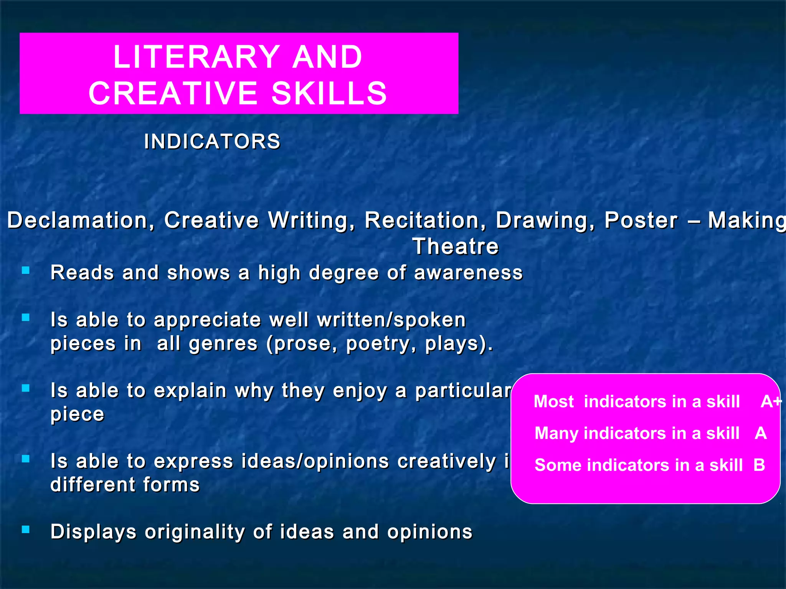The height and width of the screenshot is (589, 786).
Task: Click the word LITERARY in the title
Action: coord(196,57)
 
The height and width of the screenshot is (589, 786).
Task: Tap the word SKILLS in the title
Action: coord(329,93)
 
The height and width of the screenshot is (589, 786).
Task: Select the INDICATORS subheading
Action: coord(212,141)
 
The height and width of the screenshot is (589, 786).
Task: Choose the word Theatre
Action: coord(456,246)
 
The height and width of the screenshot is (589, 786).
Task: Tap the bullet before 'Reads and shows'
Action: coord(26,271)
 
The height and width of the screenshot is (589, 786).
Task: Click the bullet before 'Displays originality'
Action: coord(26,530)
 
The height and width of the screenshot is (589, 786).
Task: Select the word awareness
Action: coord(468,273)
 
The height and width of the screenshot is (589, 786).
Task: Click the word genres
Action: coord(223,344)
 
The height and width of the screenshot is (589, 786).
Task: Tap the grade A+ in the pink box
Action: coord(771,401)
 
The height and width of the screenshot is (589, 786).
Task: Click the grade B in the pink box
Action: coord(759,465)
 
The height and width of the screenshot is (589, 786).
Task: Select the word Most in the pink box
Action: coord(554,401)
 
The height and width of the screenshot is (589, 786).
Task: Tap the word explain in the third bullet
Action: coord(190,391)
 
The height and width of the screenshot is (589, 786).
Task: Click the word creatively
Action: coord(447,461)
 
